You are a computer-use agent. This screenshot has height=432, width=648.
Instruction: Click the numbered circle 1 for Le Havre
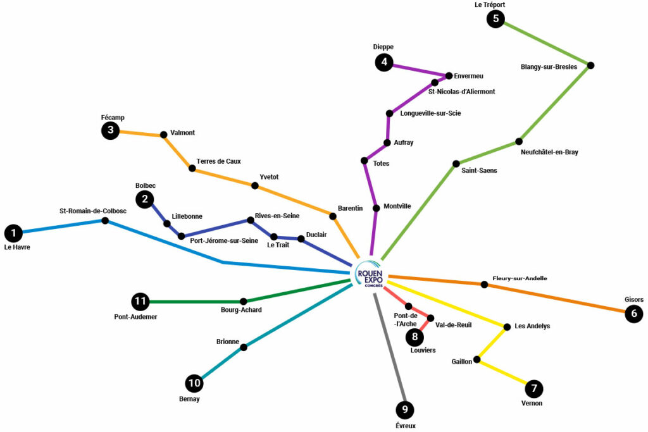coord(13,233)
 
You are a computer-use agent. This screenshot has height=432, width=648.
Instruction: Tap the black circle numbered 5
coord(495,19)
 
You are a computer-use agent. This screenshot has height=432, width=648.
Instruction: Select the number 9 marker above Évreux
coord(405,410)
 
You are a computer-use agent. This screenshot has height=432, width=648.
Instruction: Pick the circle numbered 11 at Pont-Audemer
coord(140,302)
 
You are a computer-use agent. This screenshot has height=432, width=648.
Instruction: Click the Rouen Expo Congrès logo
coord(370,275)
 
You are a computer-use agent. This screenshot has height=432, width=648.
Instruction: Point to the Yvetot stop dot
coord(255,185)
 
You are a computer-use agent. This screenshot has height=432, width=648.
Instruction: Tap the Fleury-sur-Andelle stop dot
coord(484,285)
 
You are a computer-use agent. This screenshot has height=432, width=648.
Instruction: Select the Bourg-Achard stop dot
coord(244,302)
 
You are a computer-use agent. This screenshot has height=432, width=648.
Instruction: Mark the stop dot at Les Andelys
coord(507,327)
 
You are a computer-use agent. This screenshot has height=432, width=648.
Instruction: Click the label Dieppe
coord(383,47)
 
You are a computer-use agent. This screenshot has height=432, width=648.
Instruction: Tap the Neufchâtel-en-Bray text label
coord(549,152)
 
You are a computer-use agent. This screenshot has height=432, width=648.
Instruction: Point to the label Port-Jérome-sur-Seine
coord(224,240)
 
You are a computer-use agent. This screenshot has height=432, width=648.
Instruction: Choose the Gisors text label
coord(633,300)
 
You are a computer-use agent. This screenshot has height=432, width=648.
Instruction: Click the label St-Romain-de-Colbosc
coord(93,211)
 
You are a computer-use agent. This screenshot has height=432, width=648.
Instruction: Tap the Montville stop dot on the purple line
coord(377,207)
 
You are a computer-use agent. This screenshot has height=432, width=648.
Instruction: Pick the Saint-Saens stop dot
coord(456,164)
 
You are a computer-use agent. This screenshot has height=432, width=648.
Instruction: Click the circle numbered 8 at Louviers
coord(414,336)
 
